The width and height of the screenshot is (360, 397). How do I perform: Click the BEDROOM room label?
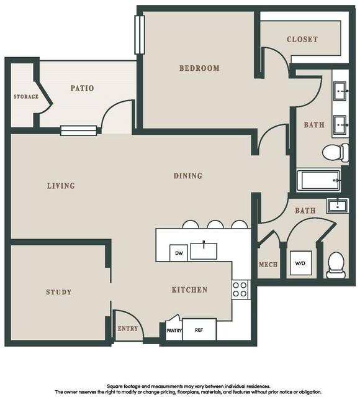coord(199,68)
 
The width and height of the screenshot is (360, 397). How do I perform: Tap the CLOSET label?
coord(302,39)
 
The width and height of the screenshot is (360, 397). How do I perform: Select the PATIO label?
coord(82,88)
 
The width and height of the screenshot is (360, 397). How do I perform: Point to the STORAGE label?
coord(26,96)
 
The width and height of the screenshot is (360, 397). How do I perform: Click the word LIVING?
coord(61,186)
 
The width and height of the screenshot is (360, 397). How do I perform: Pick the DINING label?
coord(188,176)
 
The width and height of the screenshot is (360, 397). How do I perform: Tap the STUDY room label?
coord(59,292)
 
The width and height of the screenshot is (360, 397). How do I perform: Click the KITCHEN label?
coord(190,290)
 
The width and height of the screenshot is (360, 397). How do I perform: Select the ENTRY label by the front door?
coord(128,329)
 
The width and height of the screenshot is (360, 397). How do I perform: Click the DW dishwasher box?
coord(179,253)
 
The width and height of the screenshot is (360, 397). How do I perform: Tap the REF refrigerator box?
coord(199,330)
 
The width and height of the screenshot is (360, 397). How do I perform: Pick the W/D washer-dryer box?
coord(300,263)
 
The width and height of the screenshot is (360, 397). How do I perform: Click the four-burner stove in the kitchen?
coord(240,290)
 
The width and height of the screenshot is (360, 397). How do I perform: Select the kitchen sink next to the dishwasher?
coord(204,250)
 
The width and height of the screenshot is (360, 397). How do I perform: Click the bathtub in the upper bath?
coord(319,180)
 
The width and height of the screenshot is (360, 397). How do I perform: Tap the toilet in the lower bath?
coord(336,265)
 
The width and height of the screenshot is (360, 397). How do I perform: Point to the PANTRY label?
coord(174,331)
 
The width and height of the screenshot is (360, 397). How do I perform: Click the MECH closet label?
coord(268,265)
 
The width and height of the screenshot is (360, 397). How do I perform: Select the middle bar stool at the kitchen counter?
coord(215,224)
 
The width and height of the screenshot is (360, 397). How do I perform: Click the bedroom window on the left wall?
coord(140,35)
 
